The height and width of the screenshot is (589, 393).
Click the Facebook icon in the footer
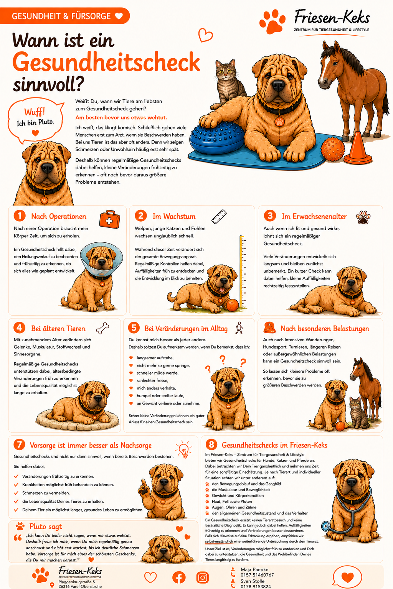pos(179,578)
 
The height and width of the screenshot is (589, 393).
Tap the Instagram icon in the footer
pos(202,578)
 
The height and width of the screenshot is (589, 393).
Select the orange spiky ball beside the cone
pos(332,149)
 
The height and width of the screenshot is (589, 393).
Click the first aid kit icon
pos(109,219)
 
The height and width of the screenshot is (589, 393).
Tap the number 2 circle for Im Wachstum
pos(141,216)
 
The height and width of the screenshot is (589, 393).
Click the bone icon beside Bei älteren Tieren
pos(102,328)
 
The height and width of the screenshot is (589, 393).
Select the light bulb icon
pos(184,449)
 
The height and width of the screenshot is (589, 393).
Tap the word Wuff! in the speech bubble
pos(35,112)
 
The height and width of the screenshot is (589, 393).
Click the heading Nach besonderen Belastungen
pos(325,328)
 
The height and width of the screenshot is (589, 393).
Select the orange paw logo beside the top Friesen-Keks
pos(272,21)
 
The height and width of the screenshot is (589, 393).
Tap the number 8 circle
pos(211,445)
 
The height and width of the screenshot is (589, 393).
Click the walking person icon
pos(239,328)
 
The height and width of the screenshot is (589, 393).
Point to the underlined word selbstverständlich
pos(219,541)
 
